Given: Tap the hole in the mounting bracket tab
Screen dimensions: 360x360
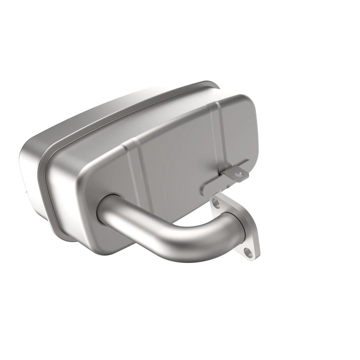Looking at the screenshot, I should click(x=238, y=173).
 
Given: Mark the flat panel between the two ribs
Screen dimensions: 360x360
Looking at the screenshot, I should click(x=177, y=150).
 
